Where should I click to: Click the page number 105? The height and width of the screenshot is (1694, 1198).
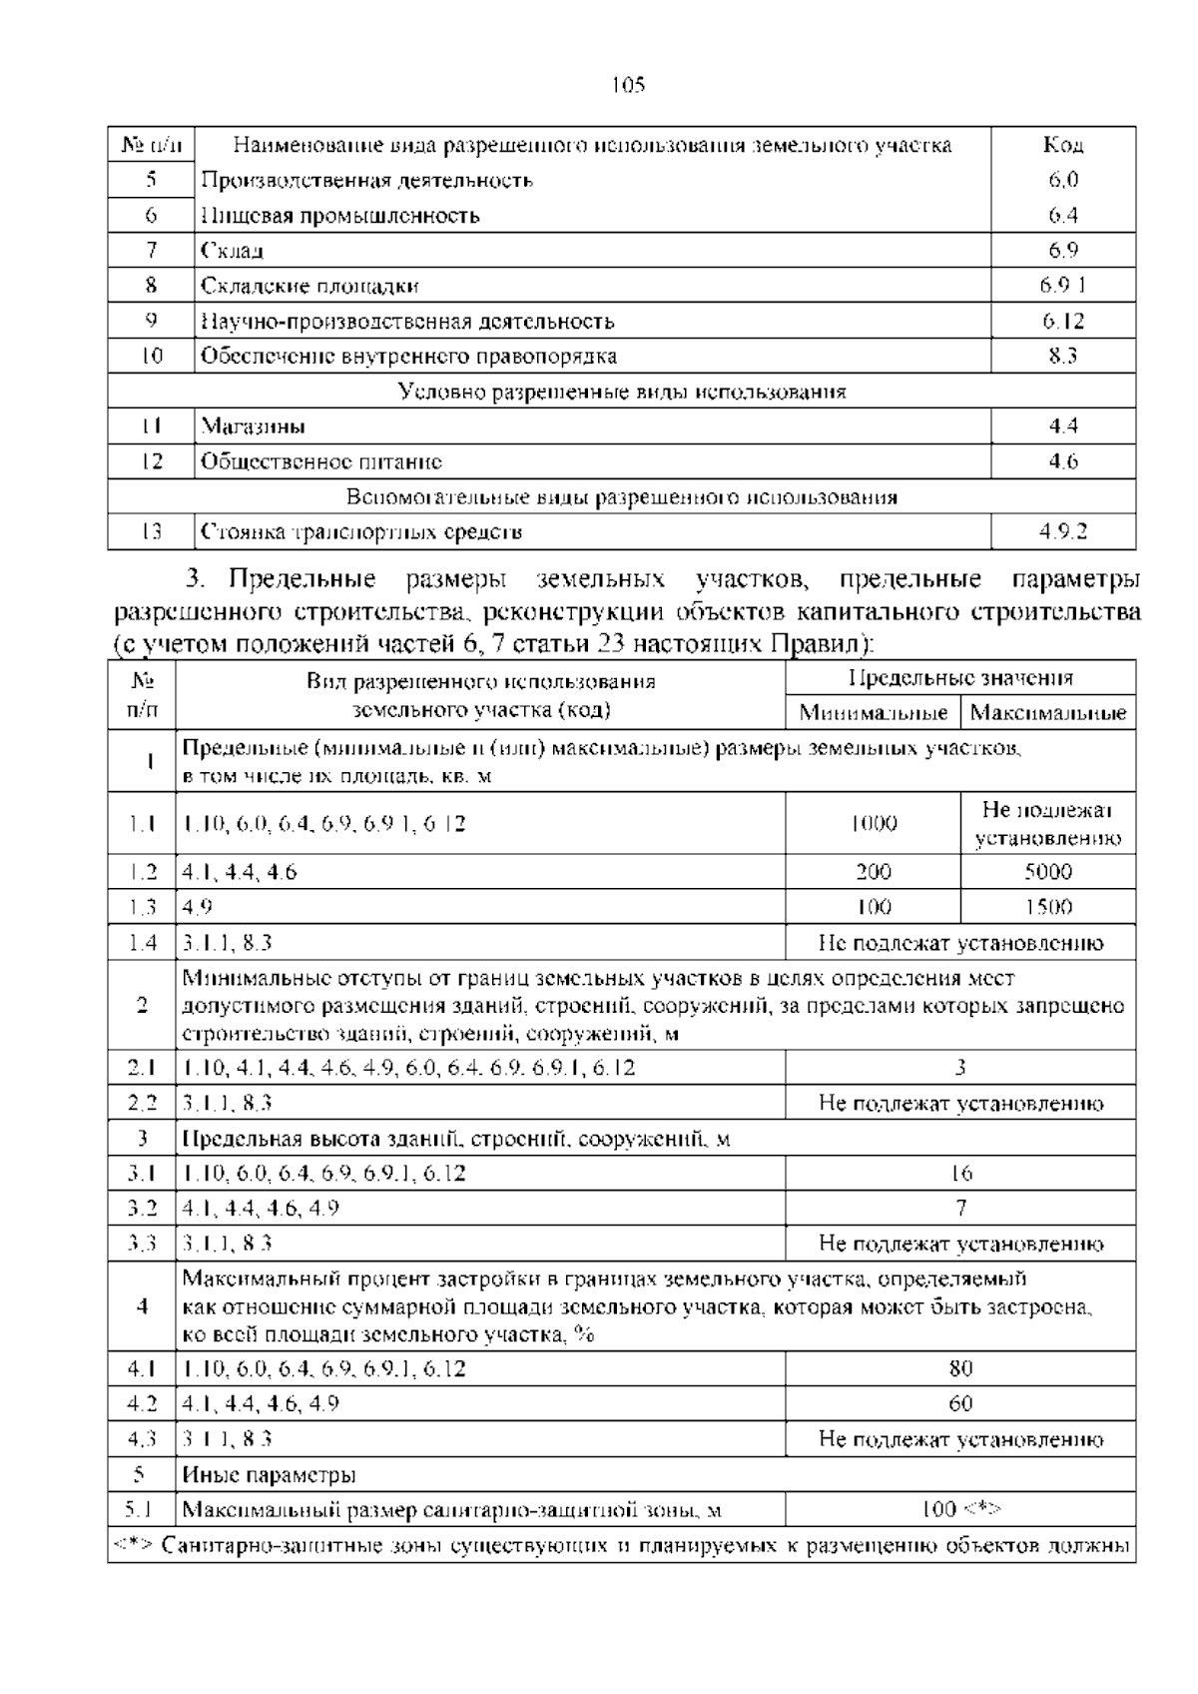point(628,85)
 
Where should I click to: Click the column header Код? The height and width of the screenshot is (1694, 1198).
point(1062,145)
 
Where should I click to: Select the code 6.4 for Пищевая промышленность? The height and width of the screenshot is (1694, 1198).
point(1062,215)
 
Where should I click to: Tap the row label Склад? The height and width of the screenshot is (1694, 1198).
point(232,251)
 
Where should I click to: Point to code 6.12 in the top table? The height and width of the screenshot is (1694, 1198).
point(1063,321)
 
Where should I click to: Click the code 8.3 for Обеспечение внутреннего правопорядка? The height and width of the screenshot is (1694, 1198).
point(1062,356)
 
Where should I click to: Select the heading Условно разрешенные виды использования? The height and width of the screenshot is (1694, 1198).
point(621,392)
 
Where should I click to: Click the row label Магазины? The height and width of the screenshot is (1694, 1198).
point(253,426)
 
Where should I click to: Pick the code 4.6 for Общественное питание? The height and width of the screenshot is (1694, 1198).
point(1062,461)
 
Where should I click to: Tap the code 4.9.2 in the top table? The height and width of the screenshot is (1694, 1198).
point(1062,531)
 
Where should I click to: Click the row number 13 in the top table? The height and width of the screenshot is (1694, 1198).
point(151,531)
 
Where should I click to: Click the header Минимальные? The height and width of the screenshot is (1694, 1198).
point(873,713)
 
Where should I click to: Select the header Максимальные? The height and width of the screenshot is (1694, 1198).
point(1047,713)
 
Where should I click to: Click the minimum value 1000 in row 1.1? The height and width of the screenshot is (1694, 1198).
point(873,824)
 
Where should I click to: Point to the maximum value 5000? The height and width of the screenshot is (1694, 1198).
point(1047,872)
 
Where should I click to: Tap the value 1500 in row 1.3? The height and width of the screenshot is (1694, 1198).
point(1047,907)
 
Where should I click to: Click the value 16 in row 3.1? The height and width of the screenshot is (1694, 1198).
point(960,1173)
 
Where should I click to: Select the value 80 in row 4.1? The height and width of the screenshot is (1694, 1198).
point(960,1368)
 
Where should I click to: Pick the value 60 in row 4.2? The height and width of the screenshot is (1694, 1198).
point(960,1403)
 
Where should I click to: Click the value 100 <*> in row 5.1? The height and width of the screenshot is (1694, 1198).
point(960,1509)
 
